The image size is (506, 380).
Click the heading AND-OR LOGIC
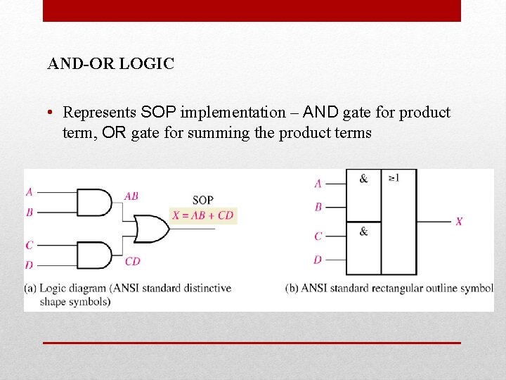point(110,64)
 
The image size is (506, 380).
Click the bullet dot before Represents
point(52,113)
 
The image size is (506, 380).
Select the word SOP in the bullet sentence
point(160,113)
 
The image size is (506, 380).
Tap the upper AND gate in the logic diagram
point(93,202)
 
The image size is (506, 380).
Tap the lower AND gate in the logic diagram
point(93,255)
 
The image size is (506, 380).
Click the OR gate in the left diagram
point(150,229)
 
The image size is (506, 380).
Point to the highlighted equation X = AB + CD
point(202,215)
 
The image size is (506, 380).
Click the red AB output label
point(131,196)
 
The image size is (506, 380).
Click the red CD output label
point(132,261)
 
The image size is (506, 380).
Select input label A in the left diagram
point(30,191)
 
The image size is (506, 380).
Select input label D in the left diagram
point(30,265)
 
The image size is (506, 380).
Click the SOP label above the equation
point(202,201)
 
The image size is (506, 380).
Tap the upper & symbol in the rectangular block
point(363,179)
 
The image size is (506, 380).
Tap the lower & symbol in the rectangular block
point(363,231)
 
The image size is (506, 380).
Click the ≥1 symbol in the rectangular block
point(394,178)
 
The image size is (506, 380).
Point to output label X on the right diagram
point(459,222)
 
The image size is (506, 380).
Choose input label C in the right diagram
point(318,236)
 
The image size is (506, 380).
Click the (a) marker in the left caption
point(30,288)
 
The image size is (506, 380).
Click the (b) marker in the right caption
point(292,288)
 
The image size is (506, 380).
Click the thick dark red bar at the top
point(252,11)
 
